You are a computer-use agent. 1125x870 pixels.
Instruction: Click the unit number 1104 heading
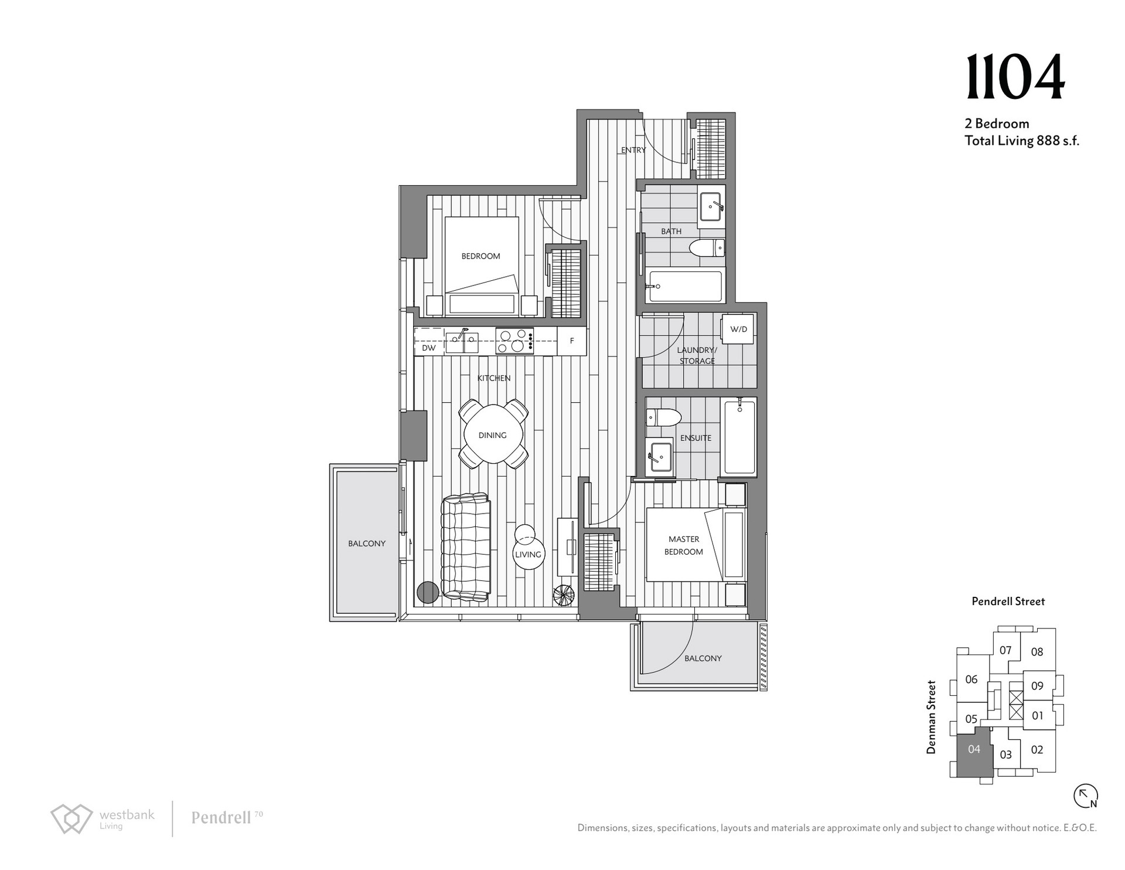tap(1015, 77)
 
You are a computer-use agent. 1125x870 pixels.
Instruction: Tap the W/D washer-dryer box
tap(738, 329)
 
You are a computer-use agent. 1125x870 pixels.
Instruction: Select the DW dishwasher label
tap(429, 348)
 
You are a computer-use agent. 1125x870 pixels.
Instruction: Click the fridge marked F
tap(571, 341)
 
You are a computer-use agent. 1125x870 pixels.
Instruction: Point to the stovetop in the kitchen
tap(514, 341)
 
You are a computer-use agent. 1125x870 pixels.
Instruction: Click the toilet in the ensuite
tap(663, 417)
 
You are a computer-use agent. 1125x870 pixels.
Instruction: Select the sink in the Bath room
tap(711, 206)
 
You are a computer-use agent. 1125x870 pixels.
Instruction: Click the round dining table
tap(493, 435)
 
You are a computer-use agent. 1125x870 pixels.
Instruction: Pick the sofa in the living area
tap(465, 547)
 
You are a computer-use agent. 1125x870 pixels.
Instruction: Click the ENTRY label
tap(633, 150)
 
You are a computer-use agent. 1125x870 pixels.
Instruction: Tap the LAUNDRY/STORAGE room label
tap(697, 355)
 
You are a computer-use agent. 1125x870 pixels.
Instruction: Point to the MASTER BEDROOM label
tap(684, 545)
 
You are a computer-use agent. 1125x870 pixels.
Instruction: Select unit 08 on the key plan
tap(1037, 651)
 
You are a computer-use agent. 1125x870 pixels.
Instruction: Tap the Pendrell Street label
tap(1008, 601)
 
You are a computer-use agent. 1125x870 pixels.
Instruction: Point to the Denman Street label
tap(931, 716)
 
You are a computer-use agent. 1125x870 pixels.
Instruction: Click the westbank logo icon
tap(71, 818)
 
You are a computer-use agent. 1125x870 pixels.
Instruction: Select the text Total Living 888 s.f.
tap(1022, 141)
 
